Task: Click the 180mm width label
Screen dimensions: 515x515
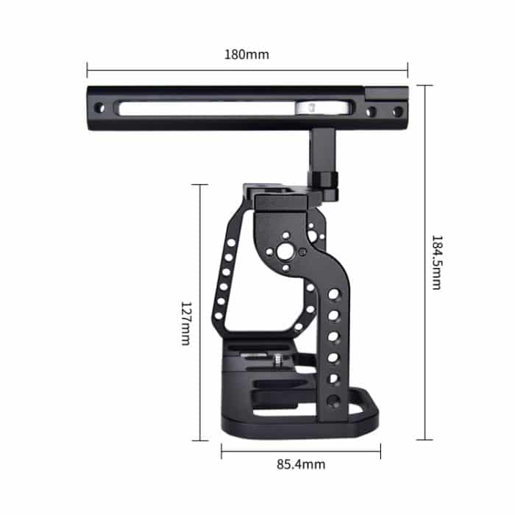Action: pos(247,54)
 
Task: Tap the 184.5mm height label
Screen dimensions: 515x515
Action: pos(436,262)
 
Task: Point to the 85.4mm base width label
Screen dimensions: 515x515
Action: pos(300,464)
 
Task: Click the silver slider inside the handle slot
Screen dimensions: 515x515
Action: pos(310,108)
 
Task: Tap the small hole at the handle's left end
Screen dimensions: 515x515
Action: pos(101,109)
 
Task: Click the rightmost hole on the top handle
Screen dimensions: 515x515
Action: pos(397,112)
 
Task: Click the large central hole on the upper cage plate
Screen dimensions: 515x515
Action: pos(285,254)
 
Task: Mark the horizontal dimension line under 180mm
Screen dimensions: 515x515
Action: pos(247,71)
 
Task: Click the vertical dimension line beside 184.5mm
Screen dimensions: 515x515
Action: pos(425,262)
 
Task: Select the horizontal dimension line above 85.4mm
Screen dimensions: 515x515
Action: pos(300,450)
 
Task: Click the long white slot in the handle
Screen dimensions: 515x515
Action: pos(206,108)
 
